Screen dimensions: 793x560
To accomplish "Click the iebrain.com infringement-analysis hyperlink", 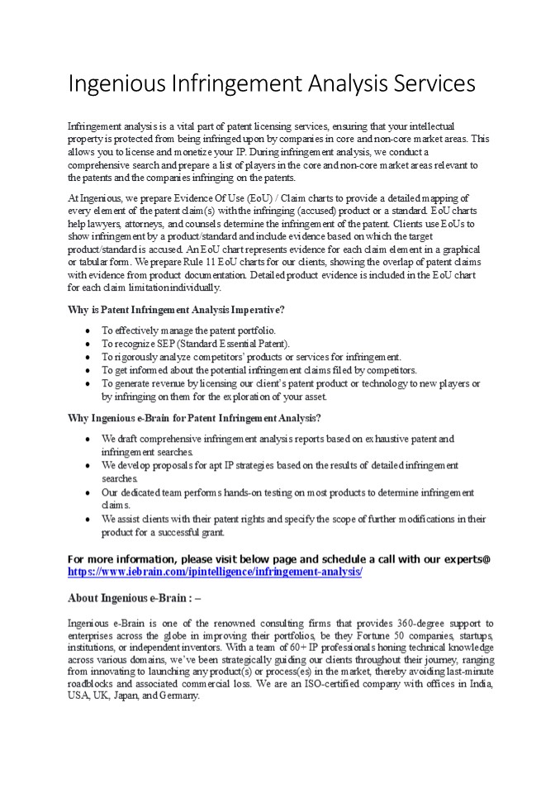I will (215, 572).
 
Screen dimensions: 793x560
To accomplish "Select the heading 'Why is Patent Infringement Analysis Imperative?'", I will (176, 310).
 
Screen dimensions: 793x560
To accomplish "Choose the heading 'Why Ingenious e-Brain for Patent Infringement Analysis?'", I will (194, 418).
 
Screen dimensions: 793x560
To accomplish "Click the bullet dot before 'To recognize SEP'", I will (88, 343).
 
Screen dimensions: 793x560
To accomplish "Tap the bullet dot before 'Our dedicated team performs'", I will (88, 492).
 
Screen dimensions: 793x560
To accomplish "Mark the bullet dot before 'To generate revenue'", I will (88, 383).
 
